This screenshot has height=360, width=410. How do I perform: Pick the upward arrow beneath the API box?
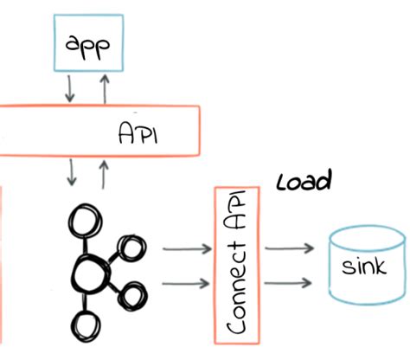coord(105,174)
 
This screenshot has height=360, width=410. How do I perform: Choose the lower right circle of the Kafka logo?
coord(132,297)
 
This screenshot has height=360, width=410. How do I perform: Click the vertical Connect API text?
coord(240,263)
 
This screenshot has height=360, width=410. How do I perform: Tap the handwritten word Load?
coord(304,183)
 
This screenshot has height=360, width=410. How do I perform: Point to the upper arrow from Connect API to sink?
coord(289,250)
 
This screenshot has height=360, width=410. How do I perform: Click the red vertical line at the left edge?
coord(2,260)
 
